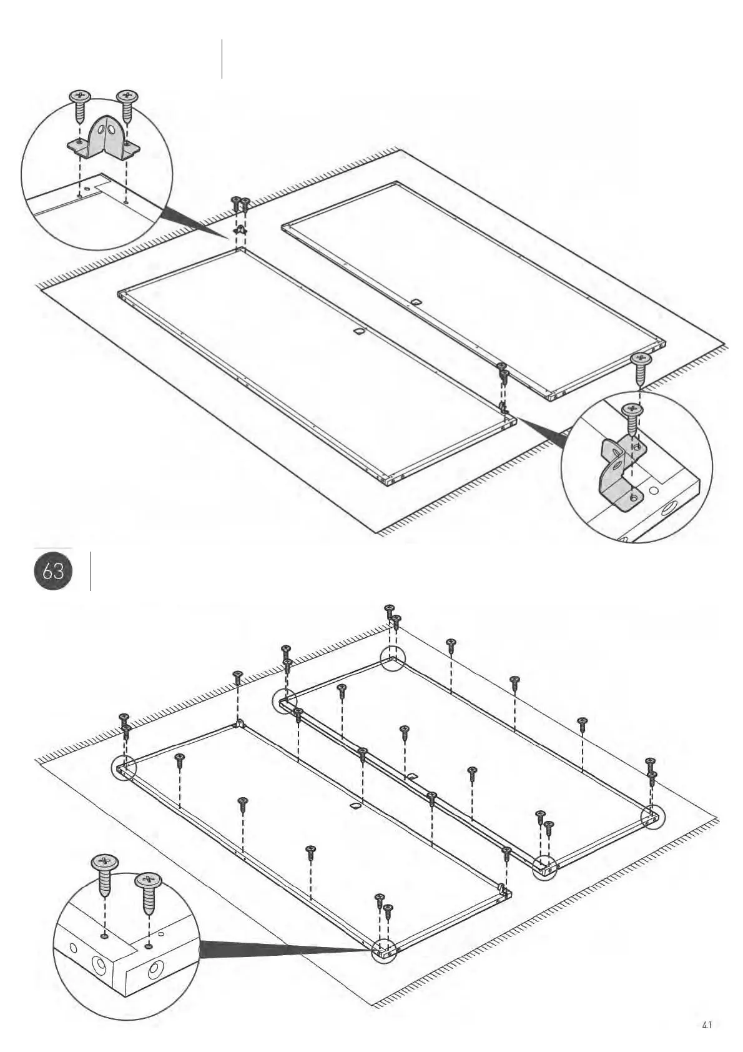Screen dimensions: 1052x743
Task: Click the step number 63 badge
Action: coord(53,570)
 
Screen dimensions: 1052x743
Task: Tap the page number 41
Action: coord(707,1025)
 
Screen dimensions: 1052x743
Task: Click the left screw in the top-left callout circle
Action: coord(81,106)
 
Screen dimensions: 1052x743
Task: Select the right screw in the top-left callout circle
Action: coord(127,105)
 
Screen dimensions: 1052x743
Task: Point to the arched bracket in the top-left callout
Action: coord(104,138)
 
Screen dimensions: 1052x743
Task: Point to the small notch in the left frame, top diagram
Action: coord(359,330)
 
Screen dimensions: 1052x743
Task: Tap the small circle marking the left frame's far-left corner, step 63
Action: coord(123,769)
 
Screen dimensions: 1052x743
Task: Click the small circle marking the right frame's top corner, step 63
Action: coord(393,659)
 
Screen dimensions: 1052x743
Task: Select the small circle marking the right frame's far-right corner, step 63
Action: coord(653,816)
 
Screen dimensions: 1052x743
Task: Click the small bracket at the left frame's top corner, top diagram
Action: coord(240,230)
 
